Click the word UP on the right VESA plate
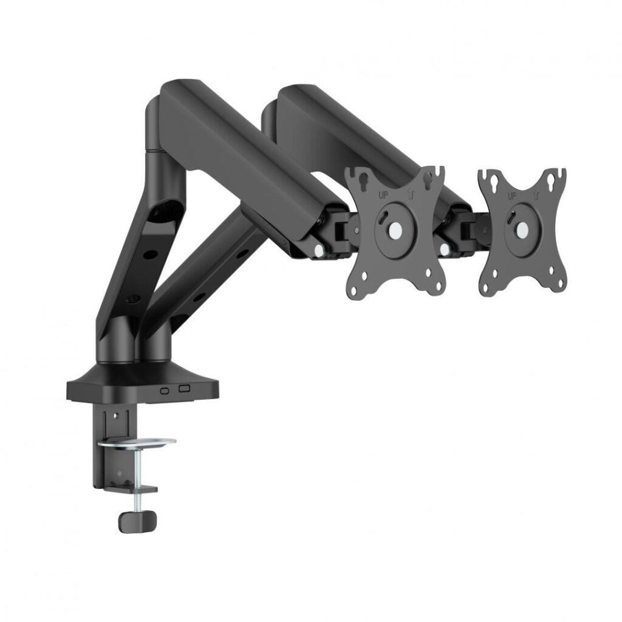tap(511, 196)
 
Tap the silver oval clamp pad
tap(137, 442)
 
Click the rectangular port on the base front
tap(185, 389)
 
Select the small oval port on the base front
tap(164, 390)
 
